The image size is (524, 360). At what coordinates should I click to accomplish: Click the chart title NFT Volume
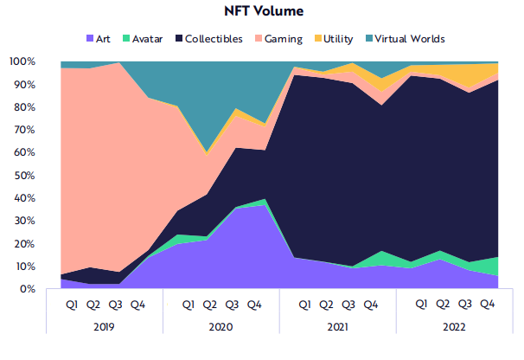(x=261, y=11)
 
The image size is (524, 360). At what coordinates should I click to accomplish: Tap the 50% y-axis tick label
(x=24, y=176)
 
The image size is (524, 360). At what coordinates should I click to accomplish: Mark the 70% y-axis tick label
(x=24, y=131)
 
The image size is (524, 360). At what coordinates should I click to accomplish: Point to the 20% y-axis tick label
(x=24, y=244)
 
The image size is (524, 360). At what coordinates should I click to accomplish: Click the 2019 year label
(x=104, y=328)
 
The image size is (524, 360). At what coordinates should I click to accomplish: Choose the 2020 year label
(x=220, y=328)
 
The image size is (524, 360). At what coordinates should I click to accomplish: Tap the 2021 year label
(x=337, y=328)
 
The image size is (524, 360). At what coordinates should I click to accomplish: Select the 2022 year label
(x=454, y=328)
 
